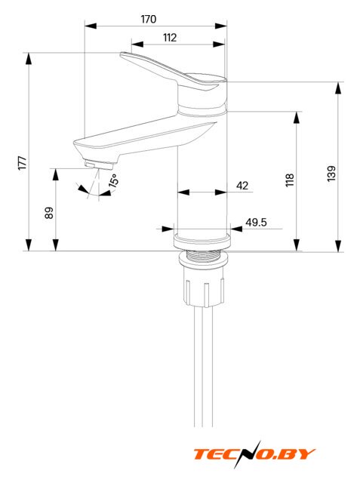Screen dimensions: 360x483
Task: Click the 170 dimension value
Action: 149,19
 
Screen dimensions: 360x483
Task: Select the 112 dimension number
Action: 170,38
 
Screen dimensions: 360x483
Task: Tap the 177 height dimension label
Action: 23,163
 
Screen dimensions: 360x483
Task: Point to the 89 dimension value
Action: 49,213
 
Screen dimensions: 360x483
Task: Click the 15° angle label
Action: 113,180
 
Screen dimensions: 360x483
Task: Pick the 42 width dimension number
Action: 242,186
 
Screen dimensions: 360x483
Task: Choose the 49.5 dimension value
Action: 256,222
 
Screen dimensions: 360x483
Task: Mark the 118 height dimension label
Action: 290,180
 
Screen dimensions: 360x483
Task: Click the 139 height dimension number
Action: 331,174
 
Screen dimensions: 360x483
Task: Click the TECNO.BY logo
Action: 254,454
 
